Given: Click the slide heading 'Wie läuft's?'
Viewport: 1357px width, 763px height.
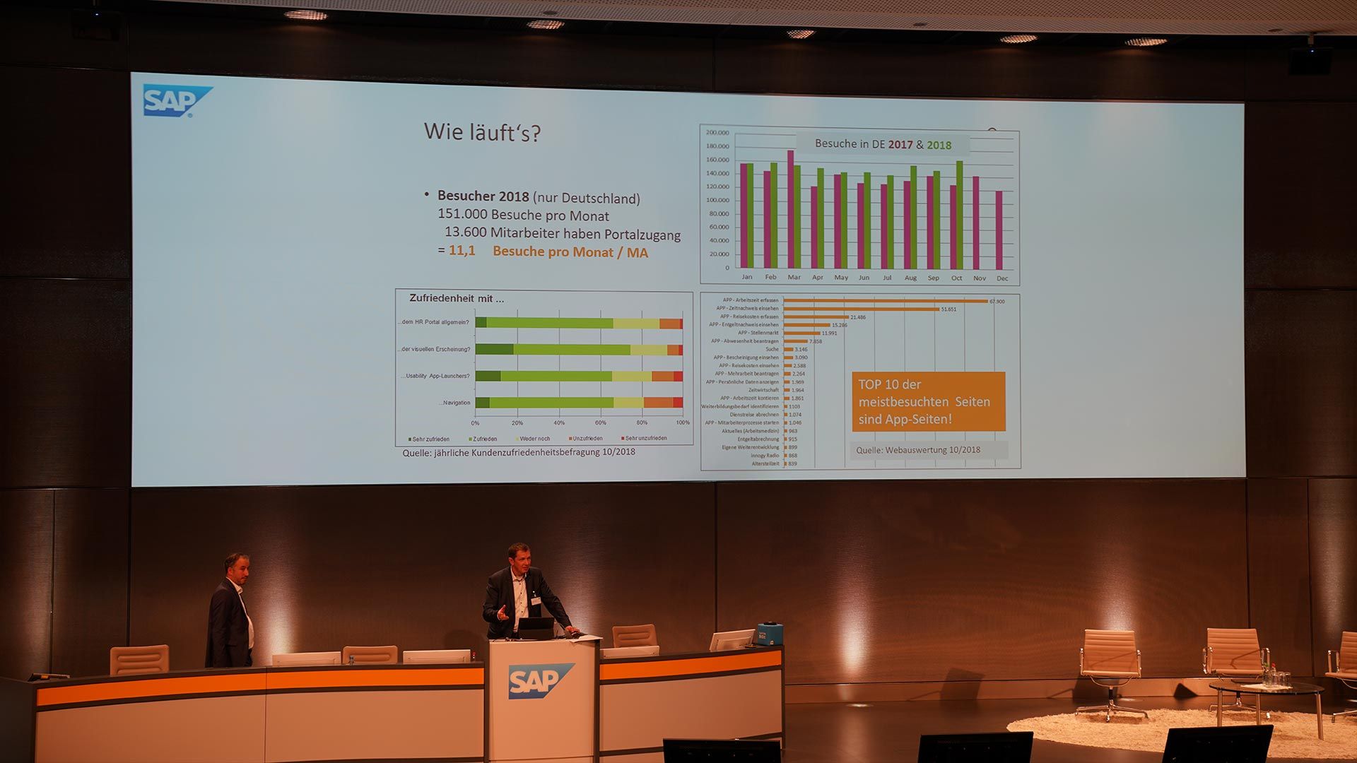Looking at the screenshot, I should click(x=482, y=132).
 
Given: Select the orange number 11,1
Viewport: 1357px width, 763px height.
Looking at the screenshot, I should click(x=462, y=251).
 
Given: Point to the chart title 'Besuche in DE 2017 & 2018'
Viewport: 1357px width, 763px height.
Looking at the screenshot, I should click(x=883, y=144).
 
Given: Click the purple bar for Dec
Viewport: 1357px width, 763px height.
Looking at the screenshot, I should click(x=999, y=230).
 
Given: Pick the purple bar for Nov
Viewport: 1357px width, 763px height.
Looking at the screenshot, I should click(x=976, y=223).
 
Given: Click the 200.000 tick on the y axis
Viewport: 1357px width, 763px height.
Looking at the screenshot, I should click(x=717, y=133).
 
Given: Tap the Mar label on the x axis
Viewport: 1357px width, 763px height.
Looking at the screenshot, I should click(x=794, y=278).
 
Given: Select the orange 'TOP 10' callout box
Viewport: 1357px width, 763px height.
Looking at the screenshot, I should click(x=928, y=401).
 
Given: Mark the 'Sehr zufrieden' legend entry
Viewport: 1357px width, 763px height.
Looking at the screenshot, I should click(x=428, y=439).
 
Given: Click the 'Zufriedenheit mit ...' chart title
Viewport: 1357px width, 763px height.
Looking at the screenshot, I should click(x=457, y=299).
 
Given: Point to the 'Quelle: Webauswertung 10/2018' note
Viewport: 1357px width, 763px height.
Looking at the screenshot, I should click(x=918, y=450).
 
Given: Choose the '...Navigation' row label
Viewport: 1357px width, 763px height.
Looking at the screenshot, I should click(x=455, y=403).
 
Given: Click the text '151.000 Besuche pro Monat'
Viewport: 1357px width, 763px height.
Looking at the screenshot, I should click(x=523, y=215).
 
